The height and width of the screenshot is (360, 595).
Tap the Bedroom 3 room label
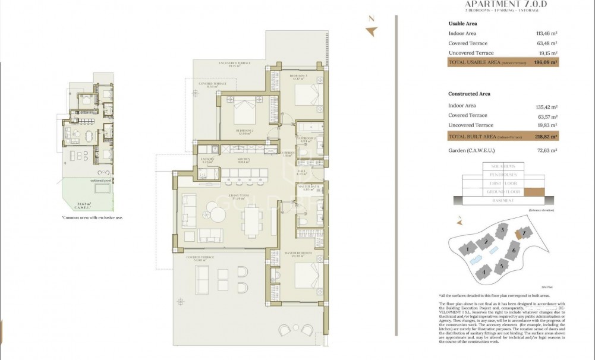click(298, 76)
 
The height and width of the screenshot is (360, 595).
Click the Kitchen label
click(243, 160)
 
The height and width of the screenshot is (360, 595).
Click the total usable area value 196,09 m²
click(546, 62)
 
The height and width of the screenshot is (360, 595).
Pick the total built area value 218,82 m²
click(546, 137)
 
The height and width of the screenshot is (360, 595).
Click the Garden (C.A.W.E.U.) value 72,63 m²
click(546, 151)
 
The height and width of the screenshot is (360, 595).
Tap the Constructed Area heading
click(469, 94)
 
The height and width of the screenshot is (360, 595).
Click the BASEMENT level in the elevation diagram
click(503, 201)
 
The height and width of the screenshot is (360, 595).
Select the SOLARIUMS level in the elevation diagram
click(503, 166)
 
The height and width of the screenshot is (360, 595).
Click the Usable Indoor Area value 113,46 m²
click(546, 34)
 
